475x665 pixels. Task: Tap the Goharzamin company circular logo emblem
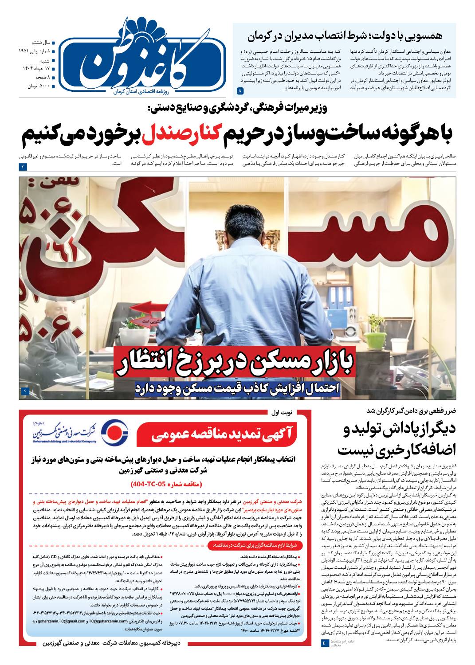coord(115,430)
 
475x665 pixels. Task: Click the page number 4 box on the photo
coord(25,391)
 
